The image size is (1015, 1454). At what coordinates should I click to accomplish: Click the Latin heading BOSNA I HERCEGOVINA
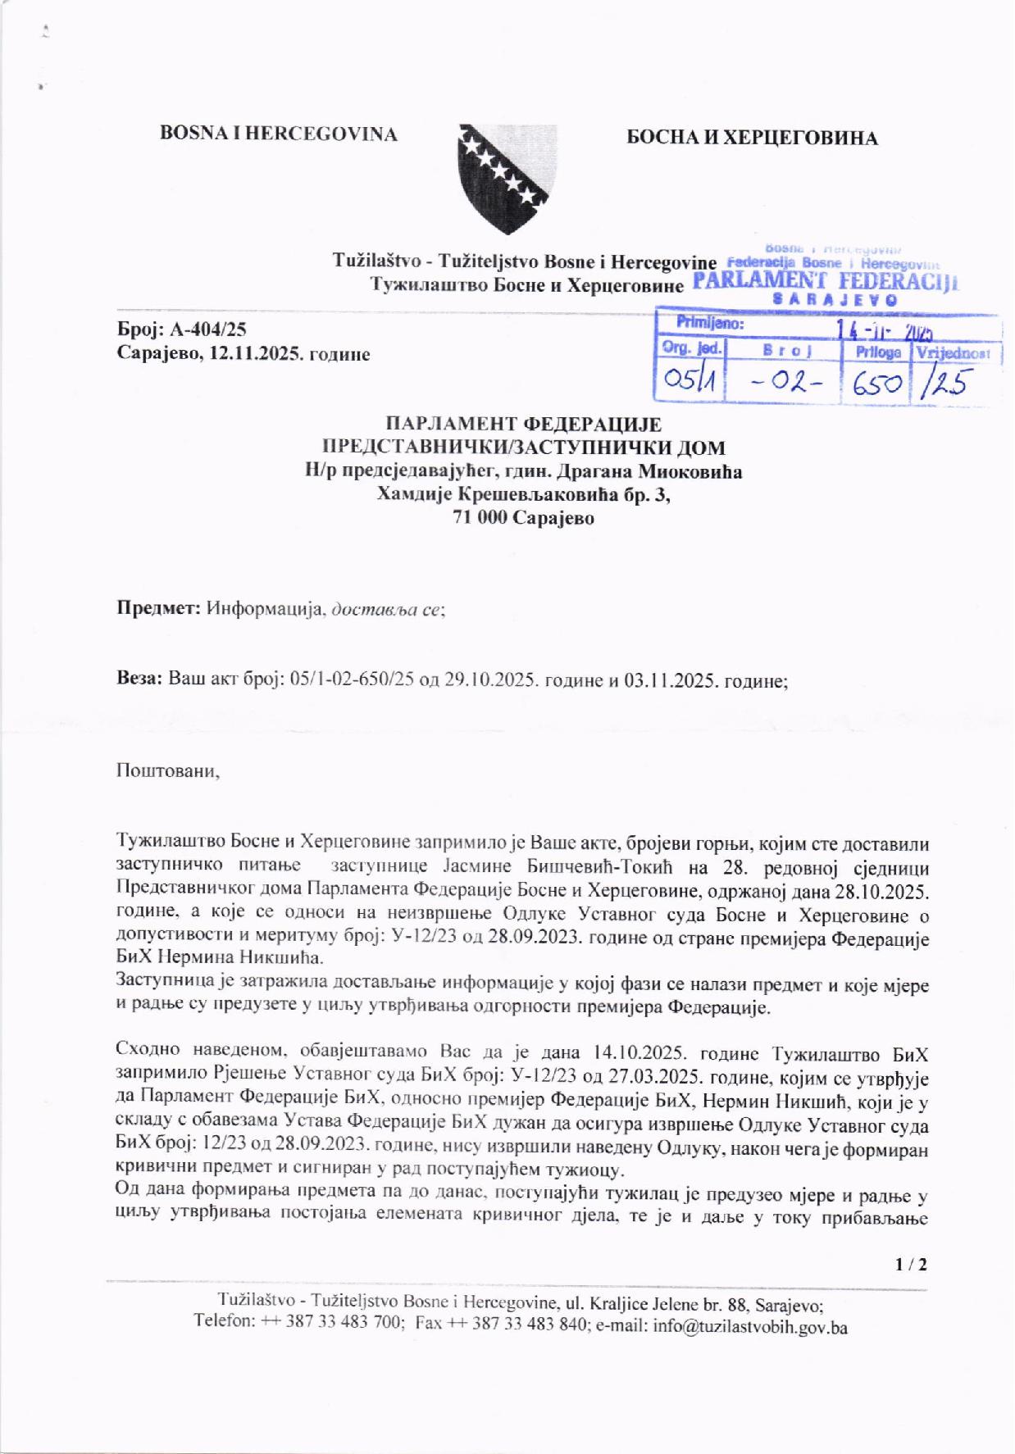click(279, 134)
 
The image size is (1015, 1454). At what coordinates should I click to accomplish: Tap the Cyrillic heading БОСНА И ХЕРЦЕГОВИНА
click(752, 138)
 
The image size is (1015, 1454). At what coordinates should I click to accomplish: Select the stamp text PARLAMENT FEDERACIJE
click(824, 283)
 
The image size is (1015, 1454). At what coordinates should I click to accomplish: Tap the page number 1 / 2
click(911, 1264)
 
